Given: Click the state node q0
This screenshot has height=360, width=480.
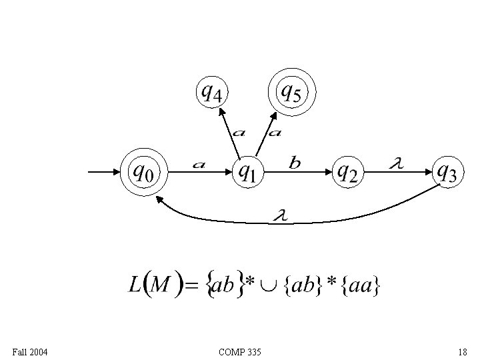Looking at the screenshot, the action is pos(143,172).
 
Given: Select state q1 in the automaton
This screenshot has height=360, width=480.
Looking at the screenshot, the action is pos(246,172).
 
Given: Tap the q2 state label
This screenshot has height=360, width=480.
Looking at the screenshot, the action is pos(347,172).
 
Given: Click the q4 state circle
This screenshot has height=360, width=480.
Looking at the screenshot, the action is pos(211,92).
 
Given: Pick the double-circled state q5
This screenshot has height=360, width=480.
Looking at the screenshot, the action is pos(291,92).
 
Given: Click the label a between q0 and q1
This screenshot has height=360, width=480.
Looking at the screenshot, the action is pos(198,164).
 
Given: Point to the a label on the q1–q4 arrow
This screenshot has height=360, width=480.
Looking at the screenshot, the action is pos(238,131).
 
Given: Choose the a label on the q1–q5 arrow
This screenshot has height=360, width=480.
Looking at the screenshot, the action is pos(274,131).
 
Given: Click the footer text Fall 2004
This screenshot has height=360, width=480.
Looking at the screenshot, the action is pos(29,351).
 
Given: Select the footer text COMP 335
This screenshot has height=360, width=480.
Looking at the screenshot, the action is pos(239,351).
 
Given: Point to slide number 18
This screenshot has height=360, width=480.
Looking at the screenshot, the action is pos(462,351).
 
